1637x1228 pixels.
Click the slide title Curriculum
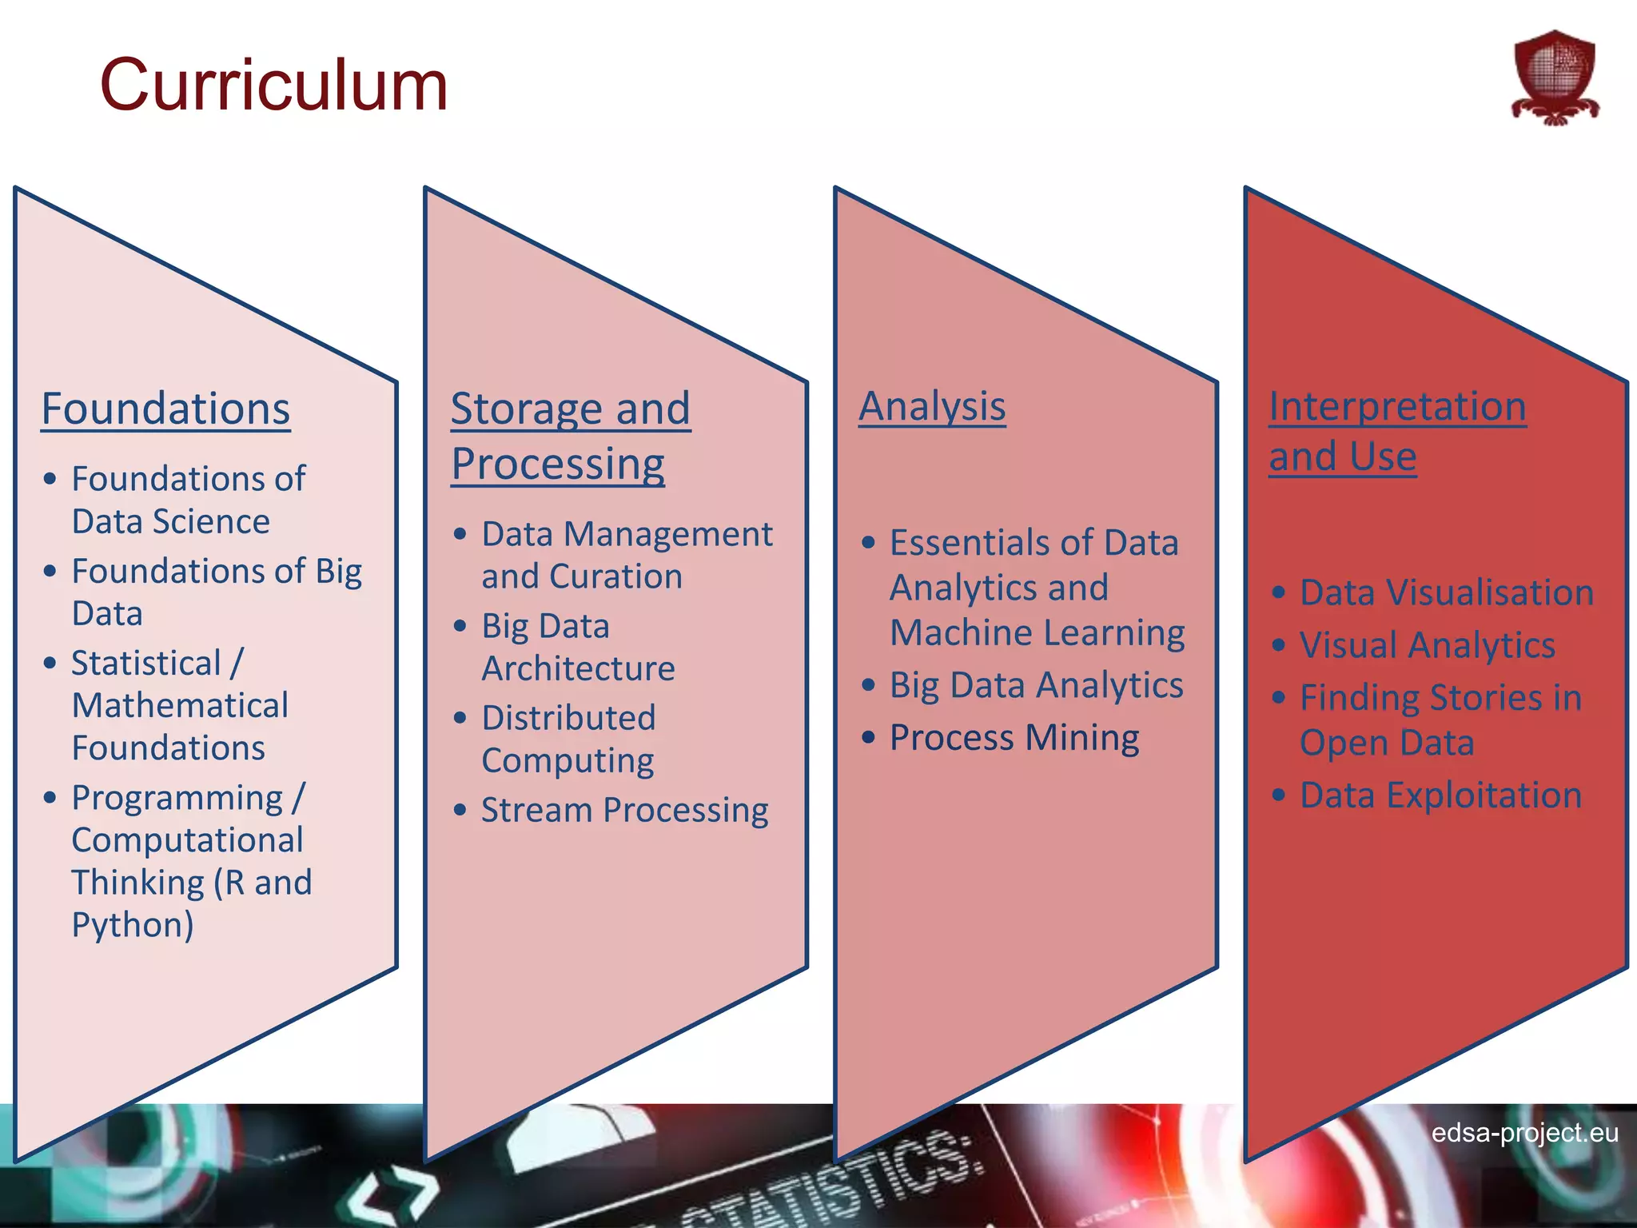coord(273,86)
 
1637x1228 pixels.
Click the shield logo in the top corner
coord(1555,78)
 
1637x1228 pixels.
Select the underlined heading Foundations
coord(165,409)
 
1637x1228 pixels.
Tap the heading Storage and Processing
coord(570,436)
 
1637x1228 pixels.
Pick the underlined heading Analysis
coord(932,406)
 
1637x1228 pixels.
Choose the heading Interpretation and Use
coord(1397,431)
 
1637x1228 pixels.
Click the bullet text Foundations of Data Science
coord(188,500)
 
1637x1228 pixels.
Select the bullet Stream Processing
coord(624,810)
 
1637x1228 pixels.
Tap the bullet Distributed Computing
coord(568,739)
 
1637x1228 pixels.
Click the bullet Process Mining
coord(1014,737)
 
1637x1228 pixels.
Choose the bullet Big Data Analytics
coord(1036,685)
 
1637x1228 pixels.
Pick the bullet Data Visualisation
coord(1446,592)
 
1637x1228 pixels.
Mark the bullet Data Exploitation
coord(1440,795)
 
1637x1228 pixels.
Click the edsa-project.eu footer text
coord(1524,1132)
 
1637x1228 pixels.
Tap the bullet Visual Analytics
coord(1427,645)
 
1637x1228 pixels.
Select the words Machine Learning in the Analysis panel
coord(1037,633)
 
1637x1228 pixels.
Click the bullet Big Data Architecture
coord(578,647)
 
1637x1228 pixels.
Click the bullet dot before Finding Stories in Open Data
coord(1279,698)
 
